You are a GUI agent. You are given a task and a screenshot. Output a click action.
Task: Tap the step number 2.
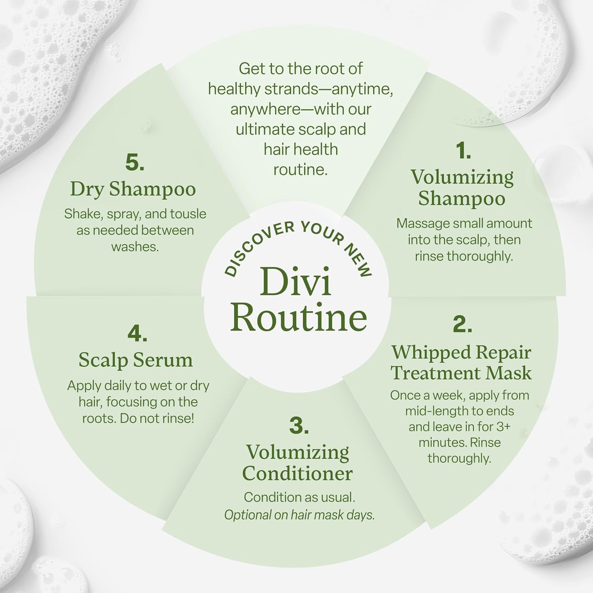(x=462, y=324)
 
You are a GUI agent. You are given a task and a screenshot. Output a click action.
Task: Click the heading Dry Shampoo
(x=133, y=189)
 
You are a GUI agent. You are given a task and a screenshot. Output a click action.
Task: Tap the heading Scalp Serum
(x=136, y=360)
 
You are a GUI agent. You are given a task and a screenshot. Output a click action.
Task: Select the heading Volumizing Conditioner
(x=297, y=463)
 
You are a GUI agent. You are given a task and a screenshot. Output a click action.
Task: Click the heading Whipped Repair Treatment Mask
(x=461, y=363)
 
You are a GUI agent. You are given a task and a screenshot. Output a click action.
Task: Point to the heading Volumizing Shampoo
(x=462, y=187)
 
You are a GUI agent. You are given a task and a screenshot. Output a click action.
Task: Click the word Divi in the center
(x=296, y=281)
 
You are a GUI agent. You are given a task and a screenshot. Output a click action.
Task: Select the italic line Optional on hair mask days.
(x=299, y=515)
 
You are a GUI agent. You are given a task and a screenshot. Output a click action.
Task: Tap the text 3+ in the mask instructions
(x=507, y=427)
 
